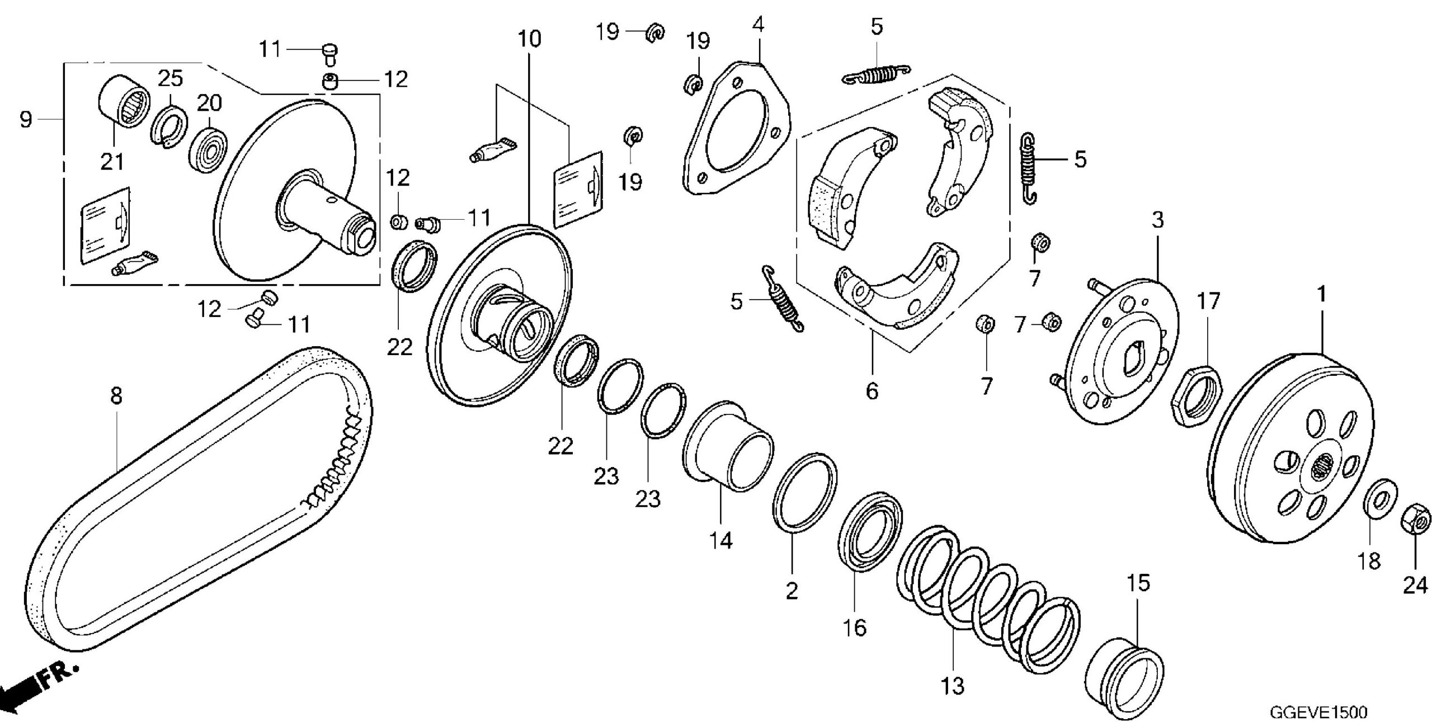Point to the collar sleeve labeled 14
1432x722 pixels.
click(727, 447)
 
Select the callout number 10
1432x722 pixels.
click(529, 39)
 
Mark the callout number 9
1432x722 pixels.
click(26, 119)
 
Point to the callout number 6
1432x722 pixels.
click(872, 391)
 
